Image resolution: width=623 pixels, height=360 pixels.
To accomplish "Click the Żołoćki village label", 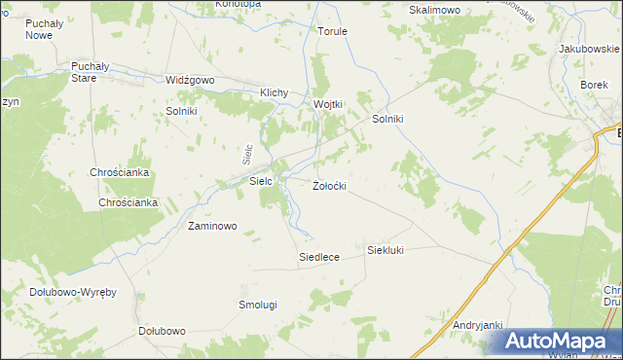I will [329, 185].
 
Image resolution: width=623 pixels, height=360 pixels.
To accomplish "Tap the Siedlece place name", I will [318, 257].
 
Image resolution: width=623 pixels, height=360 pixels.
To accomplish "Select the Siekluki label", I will [385, 250].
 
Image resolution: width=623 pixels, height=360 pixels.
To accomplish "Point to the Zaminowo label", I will [212, 226].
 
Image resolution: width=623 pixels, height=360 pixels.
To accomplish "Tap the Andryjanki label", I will [477, 325].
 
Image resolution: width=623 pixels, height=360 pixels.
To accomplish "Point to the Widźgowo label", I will [189, 81].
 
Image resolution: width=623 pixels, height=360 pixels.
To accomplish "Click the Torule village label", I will [332, 31].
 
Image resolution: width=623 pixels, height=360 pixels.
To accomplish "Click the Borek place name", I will [594, 85].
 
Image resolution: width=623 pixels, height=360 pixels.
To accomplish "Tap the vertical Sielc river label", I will [247, 153].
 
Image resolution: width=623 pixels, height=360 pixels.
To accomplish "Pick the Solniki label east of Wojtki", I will [388, 119].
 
